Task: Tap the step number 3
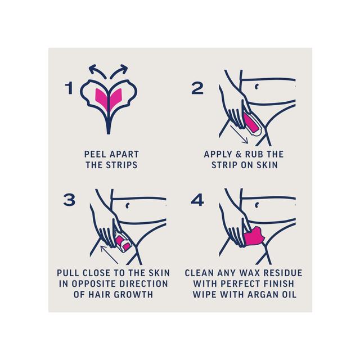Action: [70, 200]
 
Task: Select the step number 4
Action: [197, 200]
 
